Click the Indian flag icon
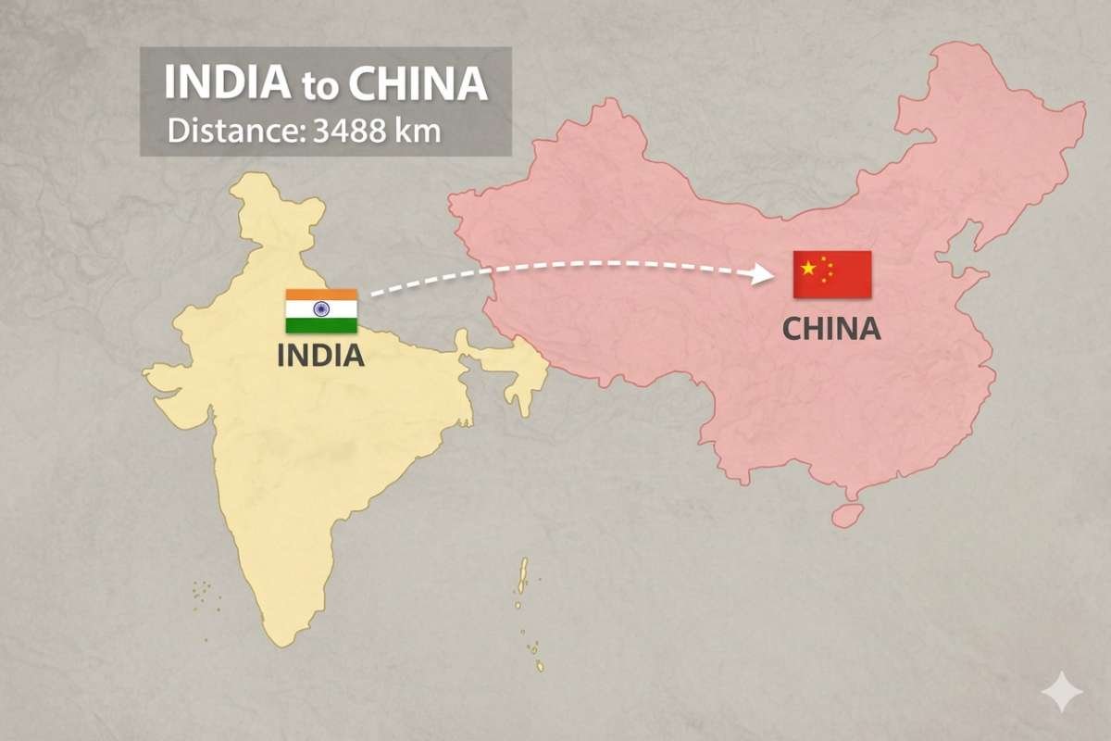[321, 311]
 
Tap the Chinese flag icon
[831, 274]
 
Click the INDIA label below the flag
[320, 356]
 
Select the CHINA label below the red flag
[831, 328]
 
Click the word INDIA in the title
[227, 82]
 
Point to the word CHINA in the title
[418, 82]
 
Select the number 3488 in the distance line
[354, 130]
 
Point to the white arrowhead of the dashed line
[763, 272]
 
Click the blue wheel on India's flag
[321, 310]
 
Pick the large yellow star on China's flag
[808, 269]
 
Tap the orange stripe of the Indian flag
[321, 295]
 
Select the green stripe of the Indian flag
[321, 325]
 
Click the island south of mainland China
[846, 515]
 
